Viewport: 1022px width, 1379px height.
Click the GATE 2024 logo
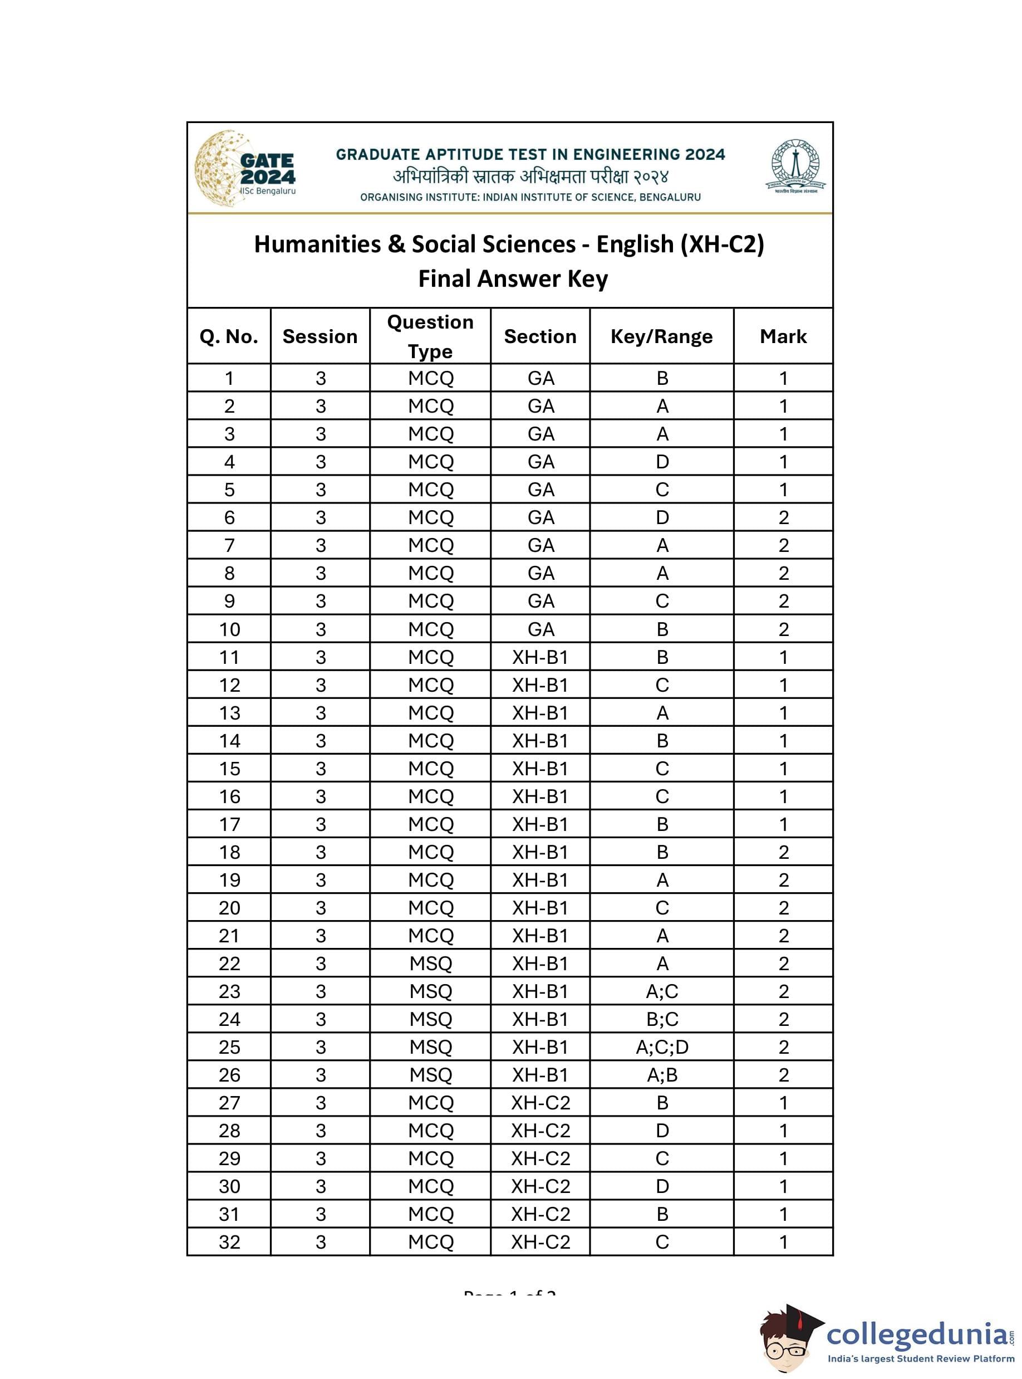(x=245, y=168)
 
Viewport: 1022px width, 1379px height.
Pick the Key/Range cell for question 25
(x=662, y=1047)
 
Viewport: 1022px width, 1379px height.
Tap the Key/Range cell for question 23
(x=662, y=991)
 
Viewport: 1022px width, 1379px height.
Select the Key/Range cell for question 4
(x=662, y=462)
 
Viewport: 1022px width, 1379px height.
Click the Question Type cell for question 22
(x=431, y=963)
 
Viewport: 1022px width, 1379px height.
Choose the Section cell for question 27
(x=540, y=1102)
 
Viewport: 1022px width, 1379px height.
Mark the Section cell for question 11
(x=540, y=657)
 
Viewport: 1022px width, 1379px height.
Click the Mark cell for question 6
(x=783, y=517)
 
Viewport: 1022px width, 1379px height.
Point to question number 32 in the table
(x=229, y=1241)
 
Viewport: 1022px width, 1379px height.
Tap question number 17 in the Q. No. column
(x=229, y=824)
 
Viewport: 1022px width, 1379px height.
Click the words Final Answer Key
(x=513, y=278)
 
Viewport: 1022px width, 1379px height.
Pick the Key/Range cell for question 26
(x=662, y=1074)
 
